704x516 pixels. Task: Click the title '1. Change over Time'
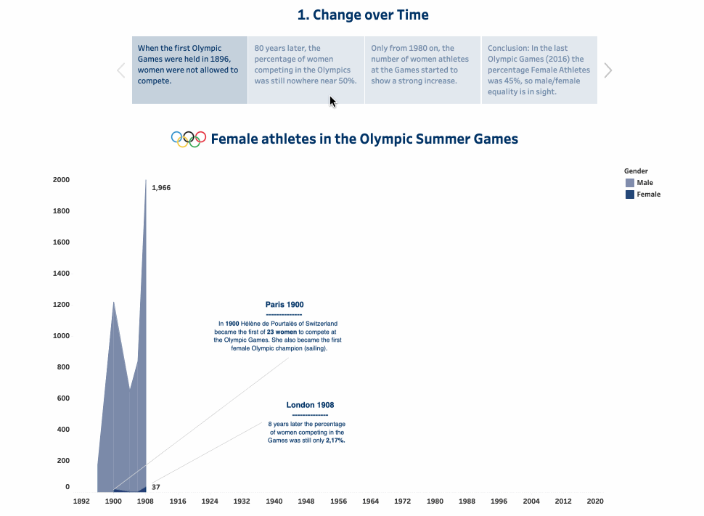363,15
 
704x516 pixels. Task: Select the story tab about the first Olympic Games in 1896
189,70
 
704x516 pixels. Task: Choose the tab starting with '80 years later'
306,70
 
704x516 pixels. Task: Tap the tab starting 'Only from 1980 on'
422,70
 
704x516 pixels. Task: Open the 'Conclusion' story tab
539,70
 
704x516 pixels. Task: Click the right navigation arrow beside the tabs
608,70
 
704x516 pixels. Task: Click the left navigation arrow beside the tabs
120,70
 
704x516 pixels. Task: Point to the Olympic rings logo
189,139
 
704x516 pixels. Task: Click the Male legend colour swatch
630,183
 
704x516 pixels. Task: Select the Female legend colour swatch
630,194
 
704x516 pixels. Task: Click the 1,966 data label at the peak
161,188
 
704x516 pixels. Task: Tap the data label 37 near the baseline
156,487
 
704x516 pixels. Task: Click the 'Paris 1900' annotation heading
285,305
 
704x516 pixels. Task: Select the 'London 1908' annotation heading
310,405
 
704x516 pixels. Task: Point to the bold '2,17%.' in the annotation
335,440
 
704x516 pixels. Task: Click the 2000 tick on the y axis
62,180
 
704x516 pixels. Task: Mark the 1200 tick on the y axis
62,305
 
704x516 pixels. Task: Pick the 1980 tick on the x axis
435,501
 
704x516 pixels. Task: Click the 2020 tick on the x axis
595,501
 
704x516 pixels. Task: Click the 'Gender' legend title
636,171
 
